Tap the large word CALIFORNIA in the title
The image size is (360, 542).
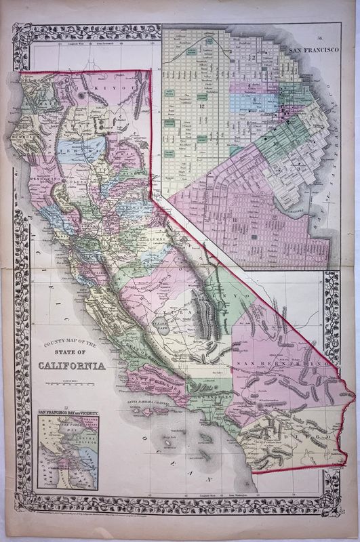coord(73,367)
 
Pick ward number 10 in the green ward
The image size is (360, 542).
coord(276,144)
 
